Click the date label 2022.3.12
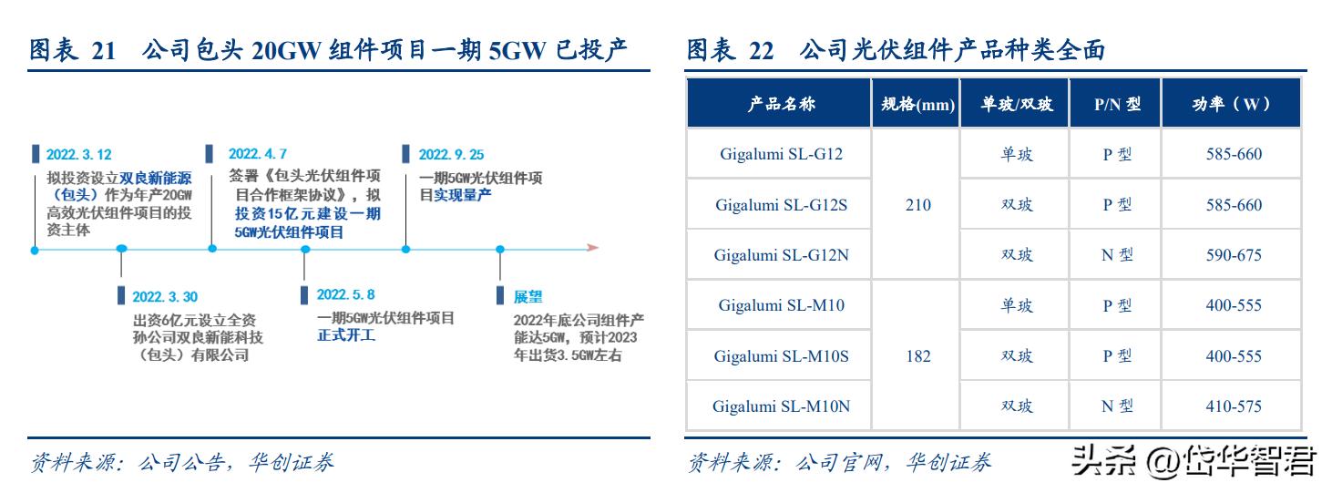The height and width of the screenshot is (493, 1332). pyautogui.click(x=79, y=155)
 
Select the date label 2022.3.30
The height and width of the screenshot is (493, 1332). pyautogui.click(x=165, y=297)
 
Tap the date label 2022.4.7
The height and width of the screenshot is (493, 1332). pyautogui.click(x=258, y=154)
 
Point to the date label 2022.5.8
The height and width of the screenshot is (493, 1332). pyautogui.click(x=345, y=295)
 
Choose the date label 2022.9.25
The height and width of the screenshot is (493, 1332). pyautogui.click(x=451, y=155)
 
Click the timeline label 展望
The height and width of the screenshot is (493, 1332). pyautogui.click(x=528, y=296)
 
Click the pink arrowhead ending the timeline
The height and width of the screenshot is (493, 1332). pyautogui.click(x=591, y=247)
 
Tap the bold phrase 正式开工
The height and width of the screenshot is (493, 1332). pyautogui.click(x=346, y=335)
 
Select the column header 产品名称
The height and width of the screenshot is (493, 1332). pyautogui.click(x=780, y=104)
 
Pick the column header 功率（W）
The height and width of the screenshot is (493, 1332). pyautogui.click(x=1233, y=104)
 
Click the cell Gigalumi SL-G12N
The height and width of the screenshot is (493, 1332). pyautogui.click(x=781, y=255)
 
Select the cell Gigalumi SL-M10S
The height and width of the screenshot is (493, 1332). pyautogui.click(x=781, y=356)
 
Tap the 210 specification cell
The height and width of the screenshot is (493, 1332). pyautogui.click(x=917, y=205)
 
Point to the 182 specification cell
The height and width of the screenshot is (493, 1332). pyautogui.click(x=917, y=356)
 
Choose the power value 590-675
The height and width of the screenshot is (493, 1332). pyautogui.click(x=1234, y=255)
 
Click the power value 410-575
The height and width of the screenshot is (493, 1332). pyautogui.click(x=1234, y=406)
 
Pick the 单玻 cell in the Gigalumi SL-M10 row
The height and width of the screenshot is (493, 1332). pyautogui.click(x=1016, y=305)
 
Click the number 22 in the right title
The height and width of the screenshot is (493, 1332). pyautogui.click(x=761, y=51)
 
